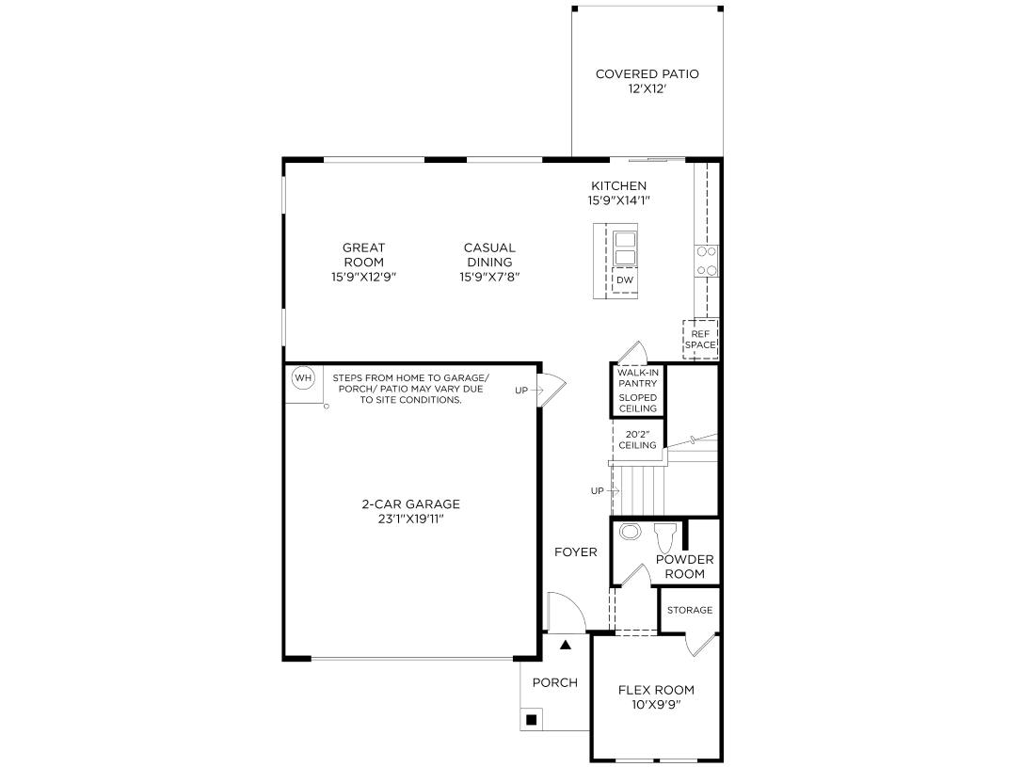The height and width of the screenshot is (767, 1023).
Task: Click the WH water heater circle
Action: pyautogui.click(x=302, y=378)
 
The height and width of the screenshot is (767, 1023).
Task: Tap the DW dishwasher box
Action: pyautogui.click(x=625, y=280)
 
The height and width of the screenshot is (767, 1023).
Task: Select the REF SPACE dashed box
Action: pyautogui.click(x=700, y=339)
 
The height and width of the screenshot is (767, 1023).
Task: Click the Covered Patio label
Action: pyautogui.click(x=647, y=74)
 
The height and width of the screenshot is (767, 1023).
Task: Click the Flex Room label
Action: pyautogui.click(x=656, y=690)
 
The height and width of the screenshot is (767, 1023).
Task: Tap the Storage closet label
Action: pyautogui.click(x=690, y=610)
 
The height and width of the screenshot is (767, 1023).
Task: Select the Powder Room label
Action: pyautogui.click(x=684, y=567)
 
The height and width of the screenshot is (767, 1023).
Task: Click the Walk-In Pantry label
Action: pyautogui.click(x=637, y=378)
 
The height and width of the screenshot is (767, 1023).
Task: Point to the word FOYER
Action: pyautogui.click(x=575, y=552)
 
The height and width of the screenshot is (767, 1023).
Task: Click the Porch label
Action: pyautogui.click(x=555, y=682)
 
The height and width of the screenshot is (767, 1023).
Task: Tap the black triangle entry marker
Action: pyautogui.click(x=566, y=646)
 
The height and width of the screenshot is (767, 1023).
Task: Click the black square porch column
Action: pyautogui.click(x=532, y=720)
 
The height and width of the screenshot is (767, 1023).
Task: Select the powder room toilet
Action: pyautogui.click(x=664, y=536)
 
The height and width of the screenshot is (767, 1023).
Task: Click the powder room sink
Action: pyautogui.click(x=631, y=532)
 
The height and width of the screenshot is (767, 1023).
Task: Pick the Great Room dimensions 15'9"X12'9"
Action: pyautogui.click(x=363, y=277)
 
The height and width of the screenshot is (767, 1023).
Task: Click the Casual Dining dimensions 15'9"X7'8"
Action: pyautogui.click(x=489, y=277)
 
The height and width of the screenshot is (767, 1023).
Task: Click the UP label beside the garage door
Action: pyautogui.click(x=521, y=390)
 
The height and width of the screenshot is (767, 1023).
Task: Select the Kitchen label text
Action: pyautogui.click(x=618, y=185)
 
